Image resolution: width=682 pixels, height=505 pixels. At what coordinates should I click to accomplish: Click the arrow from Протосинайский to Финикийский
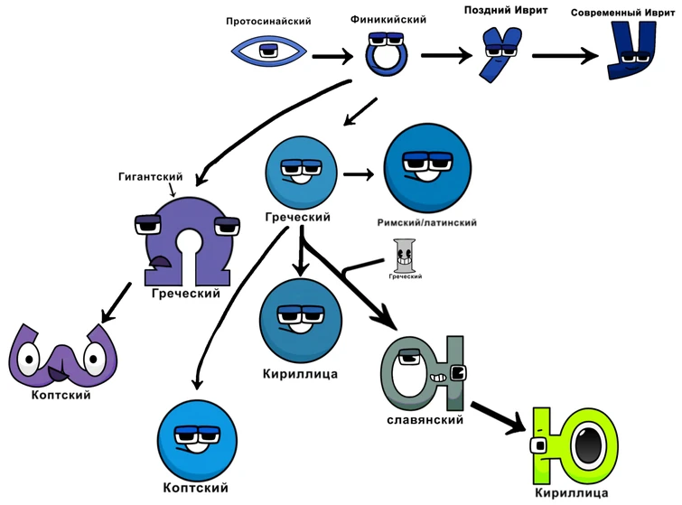[332, 58]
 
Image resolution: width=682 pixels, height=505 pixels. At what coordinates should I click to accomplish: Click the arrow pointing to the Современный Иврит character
[565, 56]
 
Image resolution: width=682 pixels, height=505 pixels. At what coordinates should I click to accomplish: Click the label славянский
[425, 420]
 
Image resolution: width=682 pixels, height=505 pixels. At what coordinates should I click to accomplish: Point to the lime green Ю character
[575, 445]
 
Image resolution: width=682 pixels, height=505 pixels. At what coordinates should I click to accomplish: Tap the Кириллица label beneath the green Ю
[572, 493]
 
